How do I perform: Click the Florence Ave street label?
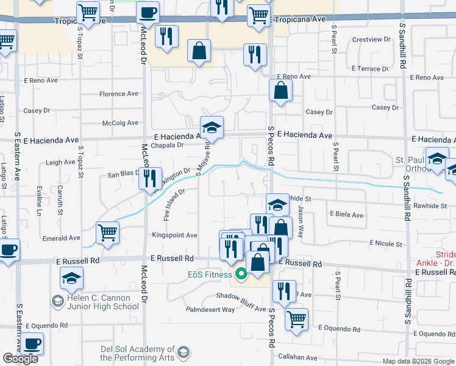[x=119, y=94]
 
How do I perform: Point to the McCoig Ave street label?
[x=121, y=123]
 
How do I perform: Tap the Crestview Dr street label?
[x=371, y=40]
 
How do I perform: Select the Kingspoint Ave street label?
[x=174, y=235]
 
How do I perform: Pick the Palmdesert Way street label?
[x=210, y=309]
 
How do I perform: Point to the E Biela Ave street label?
[x=346, y=215]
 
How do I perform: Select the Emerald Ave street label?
[x=61, y=238]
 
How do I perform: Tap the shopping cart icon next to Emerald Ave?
[x=108, y=232]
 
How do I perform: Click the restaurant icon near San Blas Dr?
[x=150, y=178]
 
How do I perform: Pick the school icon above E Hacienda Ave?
[x=212, y=127]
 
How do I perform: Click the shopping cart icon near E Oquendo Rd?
[x=296, y=318]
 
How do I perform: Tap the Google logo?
[x=20, y=359]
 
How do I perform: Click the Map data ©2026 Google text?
[x=418, y=361]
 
